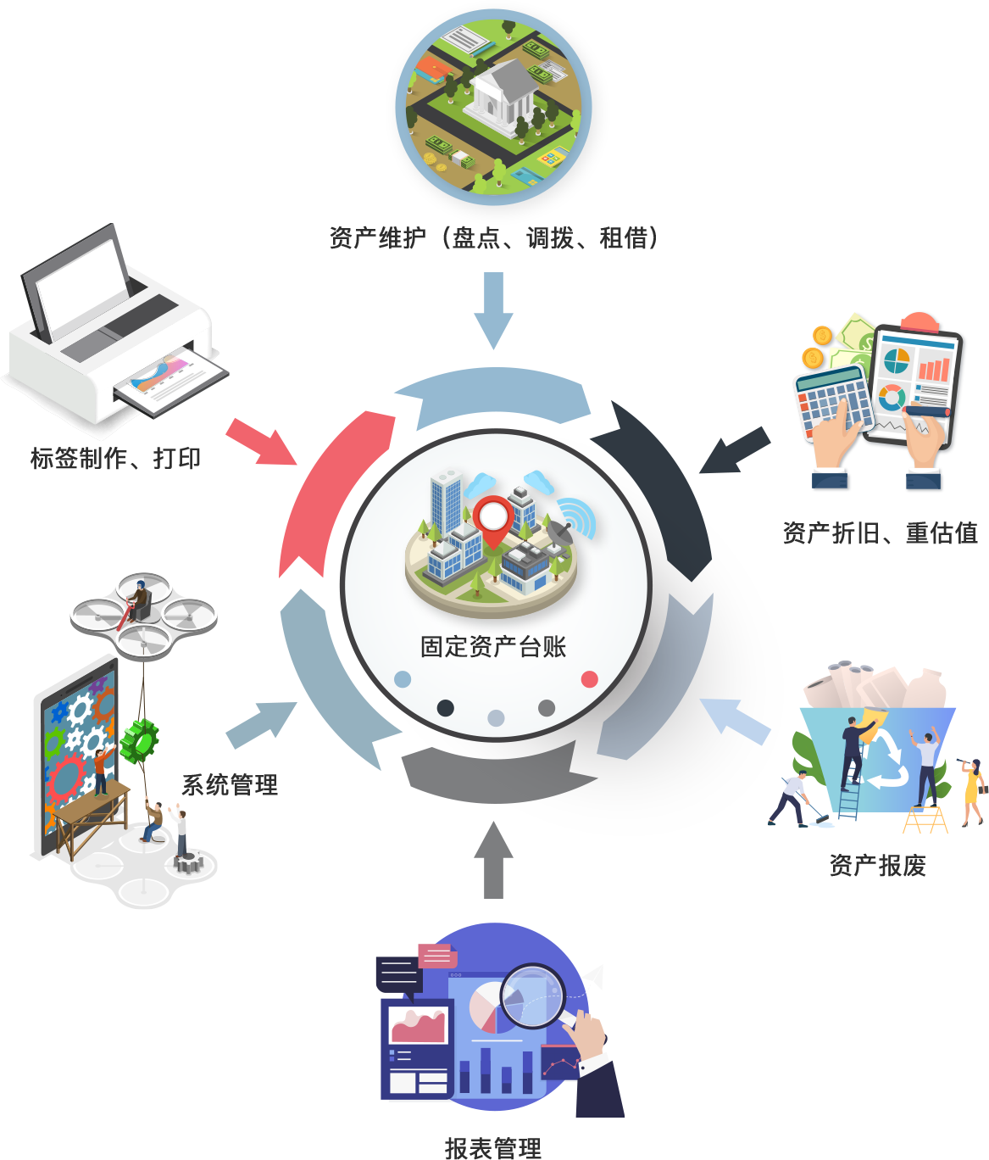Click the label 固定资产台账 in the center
pyautogui.click(x=493, y=646)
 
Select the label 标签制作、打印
pyautogui.click(x=115, y=458)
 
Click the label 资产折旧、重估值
pyautogui.click(x=881, y=533)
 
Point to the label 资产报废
pyautogui.click(x=877, y=865)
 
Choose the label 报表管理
pyautogui.click(x=493, y=1147)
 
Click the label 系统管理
pyautogui.click(x=230, y=784)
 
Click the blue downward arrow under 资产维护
pyautogui.click(x=494, y=310)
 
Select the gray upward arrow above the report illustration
pyautogui.click(x=494, y=860)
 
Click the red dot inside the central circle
pyautogui.click(x=589, y=679)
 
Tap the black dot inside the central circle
pyautogui.click(x=446, y=708)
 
